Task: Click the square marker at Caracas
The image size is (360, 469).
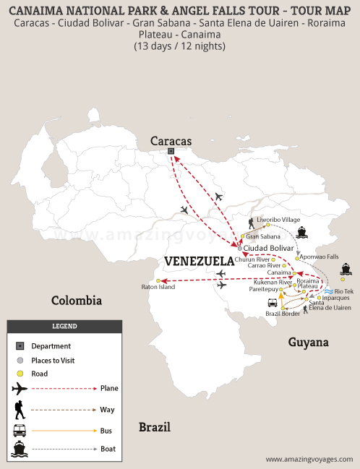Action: click(x=171, y=151)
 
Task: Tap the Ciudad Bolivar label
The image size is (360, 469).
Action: click(x=269, y=248)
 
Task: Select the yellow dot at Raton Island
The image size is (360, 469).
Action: click(x=157, y=281)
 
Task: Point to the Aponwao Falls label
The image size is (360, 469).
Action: click(x=319, y=257)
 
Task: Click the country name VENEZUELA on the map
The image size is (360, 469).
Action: click(x=200, y=260)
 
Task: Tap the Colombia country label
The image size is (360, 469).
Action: click(x=76, y=300)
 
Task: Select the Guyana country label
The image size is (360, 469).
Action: click(x=309, y=342)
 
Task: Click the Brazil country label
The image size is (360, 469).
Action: click(x=155, y=426)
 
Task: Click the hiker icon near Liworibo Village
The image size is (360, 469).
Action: click(x=250, y=223)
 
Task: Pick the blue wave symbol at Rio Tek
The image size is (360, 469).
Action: click(x=329, y=291)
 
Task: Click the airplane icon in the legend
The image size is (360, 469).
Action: click(x=20, y=388)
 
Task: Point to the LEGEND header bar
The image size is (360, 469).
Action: click(x=64, y=326)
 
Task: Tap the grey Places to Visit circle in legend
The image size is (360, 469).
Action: click(x=20, y=360)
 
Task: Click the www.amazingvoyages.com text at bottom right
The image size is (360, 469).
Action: click(x=309, y=459)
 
